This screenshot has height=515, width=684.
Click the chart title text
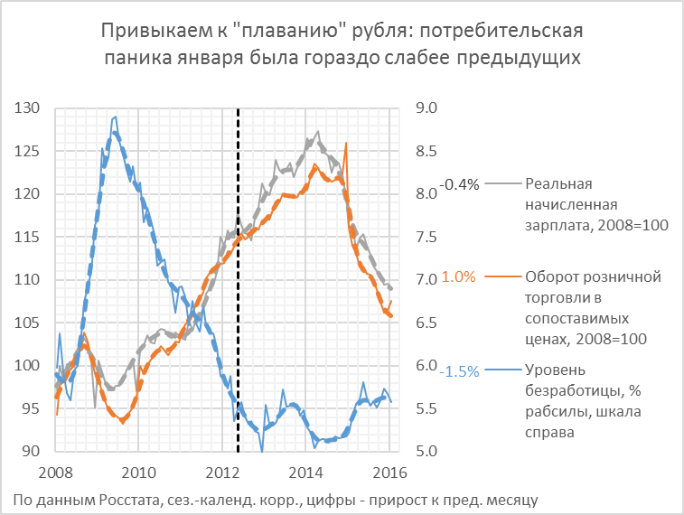pyautogui.click(x=342, y=44)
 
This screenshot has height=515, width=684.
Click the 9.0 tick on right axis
pyautogui.click(x=425, y=108)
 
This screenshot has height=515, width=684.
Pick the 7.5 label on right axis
pyautogui.click(x=425, y=237)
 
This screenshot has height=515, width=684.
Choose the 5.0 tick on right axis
pyautogui.click(x=425, y=452)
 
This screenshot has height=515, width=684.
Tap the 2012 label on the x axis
pyautogui.click(x=222, y=472)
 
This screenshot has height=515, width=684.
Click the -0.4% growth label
pyautogui.click(x=457, y=184)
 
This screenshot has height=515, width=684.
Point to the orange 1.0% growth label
pyautogui.click(x=458, y=277)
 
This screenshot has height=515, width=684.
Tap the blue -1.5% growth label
pyautogui.click(x=457, y=370)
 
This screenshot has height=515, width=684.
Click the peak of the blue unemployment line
pyautogui.click(x=114, y=117)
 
